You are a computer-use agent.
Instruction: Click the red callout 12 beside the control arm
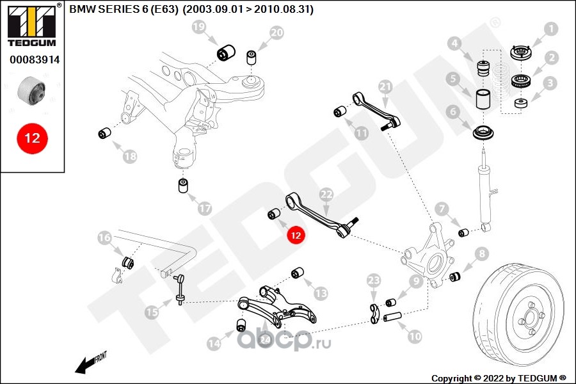[x=296, y=235]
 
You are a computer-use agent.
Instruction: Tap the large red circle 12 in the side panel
[x=33, y=138]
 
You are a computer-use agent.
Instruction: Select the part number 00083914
[x=35, y=60]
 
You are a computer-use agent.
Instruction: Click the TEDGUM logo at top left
[x=32, y=25]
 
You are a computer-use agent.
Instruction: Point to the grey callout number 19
[x=199, y=27]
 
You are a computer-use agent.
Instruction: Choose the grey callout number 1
[x=550, y=29]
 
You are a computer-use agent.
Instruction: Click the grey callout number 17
[x=205, y=209]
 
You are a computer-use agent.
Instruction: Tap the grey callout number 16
[x=104, y=237]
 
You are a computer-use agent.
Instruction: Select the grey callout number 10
[x=415, y=336]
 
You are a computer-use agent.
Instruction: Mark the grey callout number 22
[x=326, y=195]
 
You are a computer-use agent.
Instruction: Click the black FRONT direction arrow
[x=90, y=363]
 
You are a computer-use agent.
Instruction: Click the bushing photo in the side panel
[x=31, y=90]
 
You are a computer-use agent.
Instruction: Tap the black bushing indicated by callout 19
[x=226, y=52]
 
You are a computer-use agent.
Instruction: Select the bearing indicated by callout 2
[x=520, y=81]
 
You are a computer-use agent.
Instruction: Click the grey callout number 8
[x=481, y=253]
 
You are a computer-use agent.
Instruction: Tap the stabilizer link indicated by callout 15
[x=180, y=289]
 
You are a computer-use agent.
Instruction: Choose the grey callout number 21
[x=385, y=87]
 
